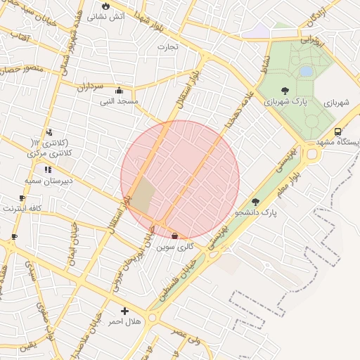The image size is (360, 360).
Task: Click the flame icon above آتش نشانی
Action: pyautogui.click(x=106, y=5)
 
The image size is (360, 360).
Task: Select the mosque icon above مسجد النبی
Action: pyautogui.click(x=119, y=90)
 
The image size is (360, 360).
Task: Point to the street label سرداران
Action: pyautogui.click(x=90, y=86)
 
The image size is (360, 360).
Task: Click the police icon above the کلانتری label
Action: pyautogui.click(x=49, y=132)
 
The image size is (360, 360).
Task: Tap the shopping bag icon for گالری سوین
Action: pyautogui.click(x=174, y=236)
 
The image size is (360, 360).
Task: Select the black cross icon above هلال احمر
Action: pyautogui.click(x=125, y=311)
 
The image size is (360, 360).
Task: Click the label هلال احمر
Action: pyautogui.click(x=124, y=321)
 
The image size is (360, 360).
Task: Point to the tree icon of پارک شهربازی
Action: pyautogui.click(x=285, y=90)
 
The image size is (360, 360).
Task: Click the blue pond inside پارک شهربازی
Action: pyautogui.click(x=306, y=71)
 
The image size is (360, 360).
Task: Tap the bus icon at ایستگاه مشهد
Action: pyautogui.click(x=338, y=131)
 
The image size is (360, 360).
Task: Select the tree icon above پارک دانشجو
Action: pyautogui.click(x=265, y=201)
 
